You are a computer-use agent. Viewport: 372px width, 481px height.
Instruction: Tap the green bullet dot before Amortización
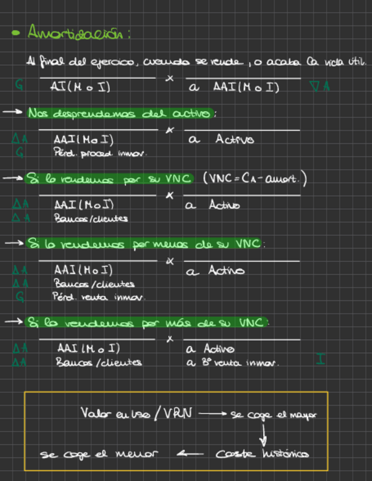pyautogui.click(x=16, y=33)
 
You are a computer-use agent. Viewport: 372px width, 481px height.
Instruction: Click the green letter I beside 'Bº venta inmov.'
pyautogui.click(x=321, y=358)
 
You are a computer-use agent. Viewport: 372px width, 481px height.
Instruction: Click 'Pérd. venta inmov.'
pyautogui.click(x=99, y=297)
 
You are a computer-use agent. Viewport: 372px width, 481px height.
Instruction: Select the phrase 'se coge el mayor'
pyautogui.click(x=273, y=414)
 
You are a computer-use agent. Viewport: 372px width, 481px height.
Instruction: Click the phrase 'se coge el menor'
pyautogui.click(x=99, y=454)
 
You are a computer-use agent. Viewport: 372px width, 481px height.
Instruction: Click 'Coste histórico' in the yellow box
pyautogui.click(x=262, y=454)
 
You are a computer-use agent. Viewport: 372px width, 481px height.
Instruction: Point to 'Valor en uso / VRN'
pyautogui.click(x=136, y=413)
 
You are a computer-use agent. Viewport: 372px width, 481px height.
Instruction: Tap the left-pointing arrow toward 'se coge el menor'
pyautogui.click(x=190, y=454)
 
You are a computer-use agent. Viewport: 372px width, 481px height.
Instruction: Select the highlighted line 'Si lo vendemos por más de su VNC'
pyautogui.click(x=147, y=323)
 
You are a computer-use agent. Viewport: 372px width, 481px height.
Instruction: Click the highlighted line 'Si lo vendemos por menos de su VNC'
pyautogui.click(x=145, y=244)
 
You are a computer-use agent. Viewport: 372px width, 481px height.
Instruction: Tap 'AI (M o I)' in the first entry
pyautogui.click(x=80, y=87)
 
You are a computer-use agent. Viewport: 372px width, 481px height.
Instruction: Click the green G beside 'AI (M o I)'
pyautogui.click(x=20, y=86)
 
